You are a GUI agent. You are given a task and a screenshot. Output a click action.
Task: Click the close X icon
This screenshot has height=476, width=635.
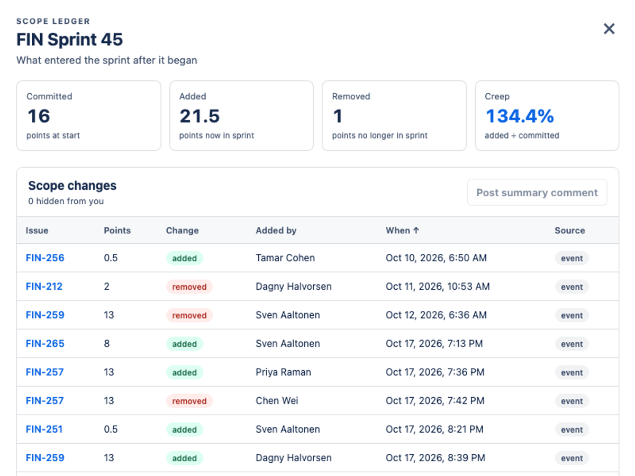click(x=609, y=29)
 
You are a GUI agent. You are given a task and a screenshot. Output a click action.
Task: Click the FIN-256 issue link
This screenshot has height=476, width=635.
click(x=45, y=258)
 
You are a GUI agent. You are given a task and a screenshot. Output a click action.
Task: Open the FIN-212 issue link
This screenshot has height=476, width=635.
click(x=44, y=287)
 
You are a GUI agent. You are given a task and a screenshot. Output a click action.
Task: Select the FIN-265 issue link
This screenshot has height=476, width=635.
click(x=45, y=344)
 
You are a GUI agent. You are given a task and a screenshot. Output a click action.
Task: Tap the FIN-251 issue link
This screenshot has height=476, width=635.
click(x=44, y=429)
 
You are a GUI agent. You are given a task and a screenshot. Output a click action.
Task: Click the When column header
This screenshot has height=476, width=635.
click(x=402, y=231)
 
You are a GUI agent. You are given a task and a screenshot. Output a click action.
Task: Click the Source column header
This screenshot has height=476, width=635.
click(x=569, y=231)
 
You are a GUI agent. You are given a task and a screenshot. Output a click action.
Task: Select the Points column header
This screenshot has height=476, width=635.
click(x=117, y=231)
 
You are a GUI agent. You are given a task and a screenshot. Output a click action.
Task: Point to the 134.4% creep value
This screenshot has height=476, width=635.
click(x=520, y=116)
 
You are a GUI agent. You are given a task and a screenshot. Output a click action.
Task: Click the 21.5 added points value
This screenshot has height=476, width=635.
click(x=199, y=116)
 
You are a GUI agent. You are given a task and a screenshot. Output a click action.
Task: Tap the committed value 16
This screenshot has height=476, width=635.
click(x=39, y=116)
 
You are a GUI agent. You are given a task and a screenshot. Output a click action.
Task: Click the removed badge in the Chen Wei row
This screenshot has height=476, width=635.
click(x=189, y=401)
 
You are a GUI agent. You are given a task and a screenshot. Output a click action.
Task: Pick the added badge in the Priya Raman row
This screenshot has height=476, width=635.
click(x=185, y=372)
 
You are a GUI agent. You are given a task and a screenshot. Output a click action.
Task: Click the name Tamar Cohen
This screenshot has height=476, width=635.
click(x=285, y=258)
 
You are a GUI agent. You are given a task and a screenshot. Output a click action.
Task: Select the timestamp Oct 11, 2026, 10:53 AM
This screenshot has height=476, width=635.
click(x=438, y=287)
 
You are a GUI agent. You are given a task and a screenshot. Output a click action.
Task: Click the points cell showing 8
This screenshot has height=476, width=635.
click(x=107, y=344)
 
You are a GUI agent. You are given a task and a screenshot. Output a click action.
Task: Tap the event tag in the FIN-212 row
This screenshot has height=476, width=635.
click(x=572, y=287)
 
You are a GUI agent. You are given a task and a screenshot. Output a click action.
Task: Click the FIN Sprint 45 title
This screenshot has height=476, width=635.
click(x=69, y=39)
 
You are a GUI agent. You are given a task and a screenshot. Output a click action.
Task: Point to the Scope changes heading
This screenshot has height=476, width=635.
click(x=72, y=186)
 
